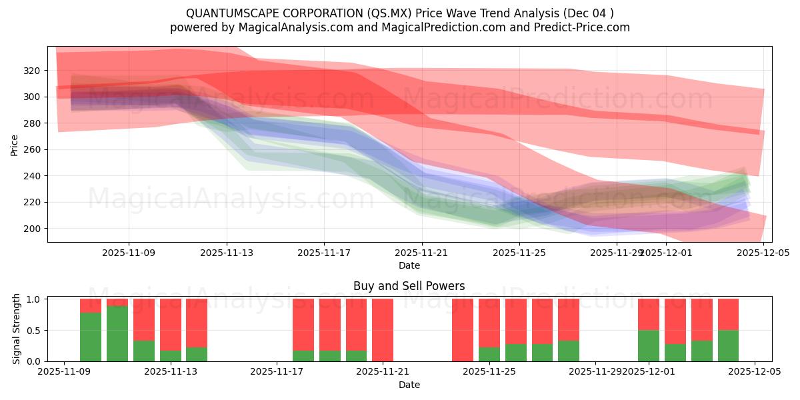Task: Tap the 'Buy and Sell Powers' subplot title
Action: [x=409, y=286]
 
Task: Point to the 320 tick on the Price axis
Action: [x=33, y=71]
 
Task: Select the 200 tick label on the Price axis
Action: [x=33, y=229]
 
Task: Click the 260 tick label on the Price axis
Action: [x=33, y=149]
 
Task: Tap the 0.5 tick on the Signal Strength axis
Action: [x=33, y=331]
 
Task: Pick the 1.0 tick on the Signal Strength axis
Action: [x=33, y=299]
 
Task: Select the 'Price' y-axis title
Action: [x=14, y=144]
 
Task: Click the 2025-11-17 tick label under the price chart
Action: [x=324, y=253]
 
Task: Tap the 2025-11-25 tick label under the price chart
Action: [x=519, y=253]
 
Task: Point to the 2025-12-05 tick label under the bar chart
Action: [x=755, y=372]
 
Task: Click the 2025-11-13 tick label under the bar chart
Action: [x=171, y=372]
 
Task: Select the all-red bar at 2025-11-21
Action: [x=383, y=330]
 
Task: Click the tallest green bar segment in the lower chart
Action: [x=117, y=333]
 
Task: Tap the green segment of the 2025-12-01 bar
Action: [x=648, y=345]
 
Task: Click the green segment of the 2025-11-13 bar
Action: [x=171, y=356]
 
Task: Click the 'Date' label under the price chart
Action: [x=409, y=265]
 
